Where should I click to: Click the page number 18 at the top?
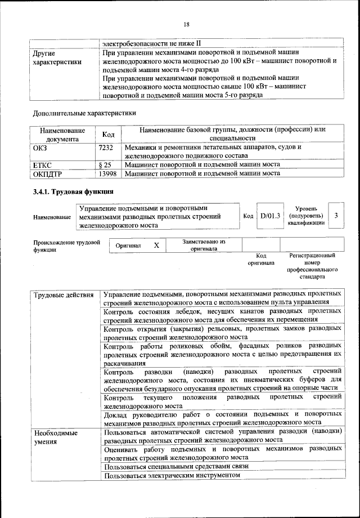tap(186, 24)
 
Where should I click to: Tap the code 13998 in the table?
tap(107, 173)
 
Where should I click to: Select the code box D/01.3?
tap(269, 216)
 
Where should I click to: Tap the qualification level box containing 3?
tap(336, 216)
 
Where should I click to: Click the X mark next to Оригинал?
tap(156, 245)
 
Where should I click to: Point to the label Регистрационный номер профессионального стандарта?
tap(312, 266)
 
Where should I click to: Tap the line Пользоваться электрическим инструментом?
tap(172, 475)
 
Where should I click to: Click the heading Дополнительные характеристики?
tap(84, 112)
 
